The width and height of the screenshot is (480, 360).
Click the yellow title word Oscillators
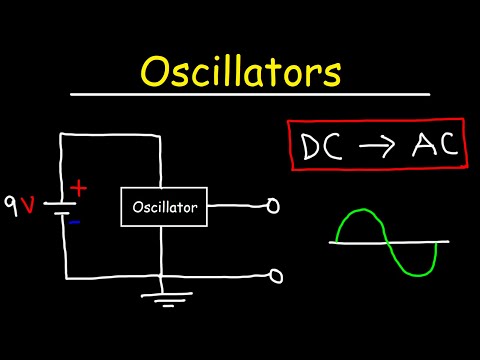[x=240, y=73]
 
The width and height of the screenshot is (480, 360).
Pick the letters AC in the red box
[x=428, y=146]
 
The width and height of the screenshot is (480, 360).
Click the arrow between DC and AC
[x=376, y=147]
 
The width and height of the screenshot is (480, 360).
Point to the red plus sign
[x=80, y=188]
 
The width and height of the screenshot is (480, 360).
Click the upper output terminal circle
[x=271, y=208]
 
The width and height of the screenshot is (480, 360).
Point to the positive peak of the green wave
[x=362, y=212]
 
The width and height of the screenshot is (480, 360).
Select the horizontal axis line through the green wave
[x=390, y=242]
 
